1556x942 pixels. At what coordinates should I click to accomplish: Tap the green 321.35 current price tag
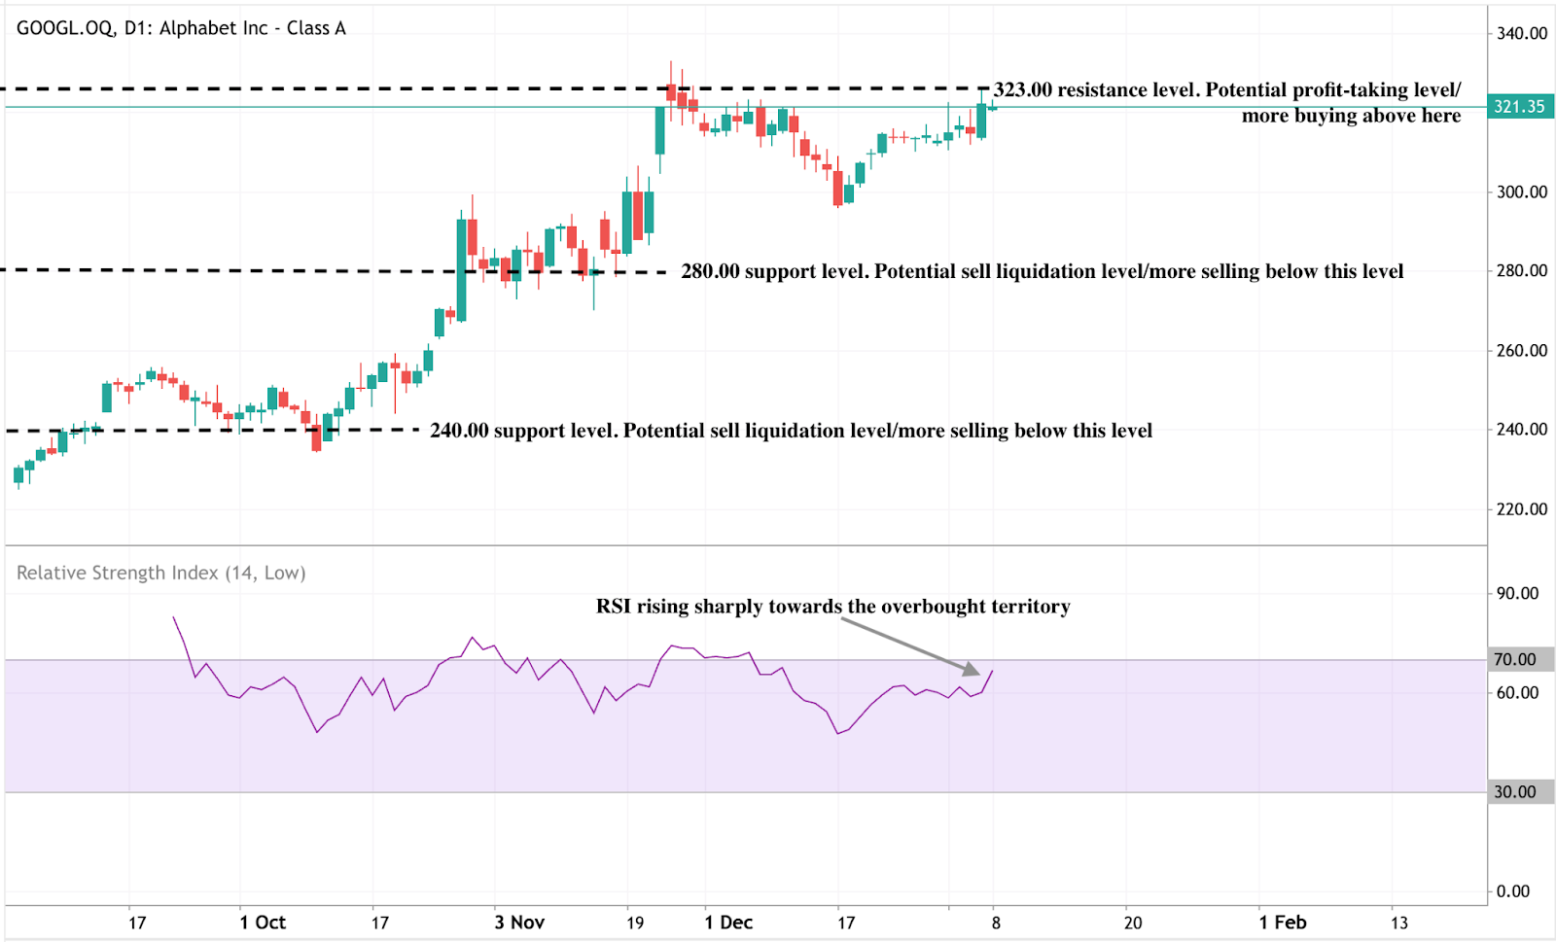pos(1519,107)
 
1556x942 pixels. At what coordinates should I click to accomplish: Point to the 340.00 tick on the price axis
pos(1521,33)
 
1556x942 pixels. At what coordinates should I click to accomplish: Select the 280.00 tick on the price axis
pos(1521,271)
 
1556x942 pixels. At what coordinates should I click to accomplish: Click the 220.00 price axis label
pos(1521,509)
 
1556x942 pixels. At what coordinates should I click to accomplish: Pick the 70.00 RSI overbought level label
pos(1515,660)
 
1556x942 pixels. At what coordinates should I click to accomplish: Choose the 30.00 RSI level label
pos(1515,792)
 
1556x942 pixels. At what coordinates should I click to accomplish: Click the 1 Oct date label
pos(263,923)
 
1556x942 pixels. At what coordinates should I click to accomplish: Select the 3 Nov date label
pos(519,923)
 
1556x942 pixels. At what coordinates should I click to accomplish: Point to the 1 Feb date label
pos(1282,923)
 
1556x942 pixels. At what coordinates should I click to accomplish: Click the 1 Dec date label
pos(728,923)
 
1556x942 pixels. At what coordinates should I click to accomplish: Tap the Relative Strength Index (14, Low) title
pos(161,574)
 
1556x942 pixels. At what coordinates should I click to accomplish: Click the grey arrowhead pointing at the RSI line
pos(972,669)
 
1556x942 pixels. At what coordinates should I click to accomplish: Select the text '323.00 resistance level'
pos(1097,90)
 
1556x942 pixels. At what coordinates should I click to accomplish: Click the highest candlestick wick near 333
pos(670,64)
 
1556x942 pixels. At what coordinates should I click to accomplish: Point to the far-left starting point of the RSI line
pos(174,617)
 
